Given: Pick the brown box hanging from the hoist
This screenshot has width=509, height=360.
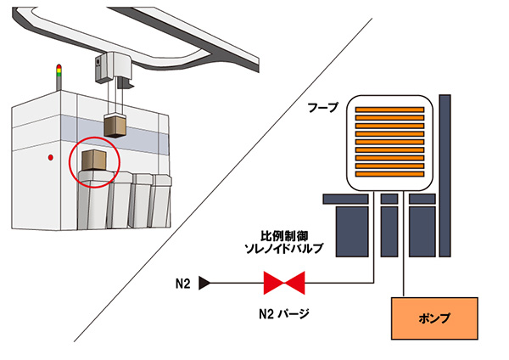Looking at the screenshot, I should [115, 125].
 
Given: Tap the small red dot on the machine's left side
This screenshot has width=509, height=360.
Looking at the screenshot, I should [52, 158].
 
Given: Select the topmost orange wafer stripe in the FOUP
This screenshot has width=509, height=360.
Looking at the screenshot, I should [389, 110].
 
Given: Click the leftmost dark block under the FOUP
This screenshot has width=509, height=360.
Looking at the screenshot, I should [351, 224].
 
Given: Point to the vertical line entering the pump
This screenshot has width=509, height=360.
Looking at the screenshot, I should [404, 272].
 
